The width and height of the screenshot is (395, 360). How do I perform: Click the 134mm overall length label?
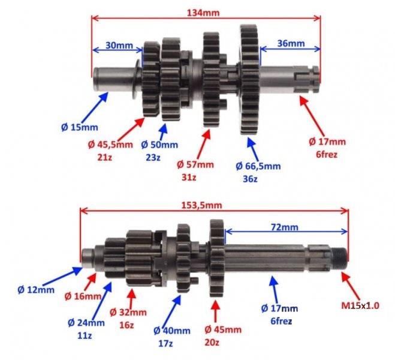click(x=203, y=13)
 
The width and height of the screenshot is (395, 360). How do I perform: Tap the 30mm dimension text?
click(x=119, y=46)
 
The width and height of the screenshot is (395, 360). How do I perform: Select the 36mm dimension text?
click(x=291, y=43)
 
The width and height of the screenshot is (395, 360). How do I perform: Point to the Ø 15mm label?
click(x=80, y=127)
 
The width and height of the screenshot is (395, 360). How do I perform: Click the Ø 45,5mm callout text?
click(x=110, y=145)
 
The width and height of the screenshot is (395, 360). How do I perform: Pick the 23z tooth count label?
click(x=153, y=158)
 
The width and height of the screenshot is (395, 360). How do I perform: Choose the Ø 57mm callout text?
click(x=195, y=164)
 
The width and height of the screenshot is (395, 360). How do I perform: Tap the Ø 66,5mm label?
click(x=258, y=166)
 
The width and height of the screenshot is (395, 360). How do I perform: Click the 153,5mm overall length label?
click(x=202, y=205)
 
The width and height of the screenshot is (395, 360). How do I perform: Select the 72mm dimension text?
click(x=284, y=227)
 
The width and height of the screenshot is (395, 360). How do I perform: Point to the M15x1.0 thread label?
click(x=360, y=305)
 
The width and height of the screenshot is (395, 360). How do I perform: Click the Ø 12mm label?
click(x=36, y=290)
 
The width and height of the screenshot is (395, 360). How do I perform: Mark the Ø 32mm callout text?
click(x=128, y=313)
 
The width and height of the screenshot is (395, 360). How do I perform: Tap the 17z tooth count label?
click(x=165, y=343)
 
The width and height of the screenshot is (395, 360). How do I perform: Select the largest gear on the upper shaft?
click(x=249, y=79)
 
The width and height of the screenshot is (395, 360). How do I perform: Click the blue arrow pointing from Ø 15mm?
click(x=95, y=107)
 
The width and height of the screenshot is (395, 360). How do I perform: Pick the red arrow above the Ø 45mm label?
click(x=215, y=311)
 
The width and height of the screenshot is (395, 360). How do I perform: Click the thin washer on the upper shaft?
click(x=136, y=79)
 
